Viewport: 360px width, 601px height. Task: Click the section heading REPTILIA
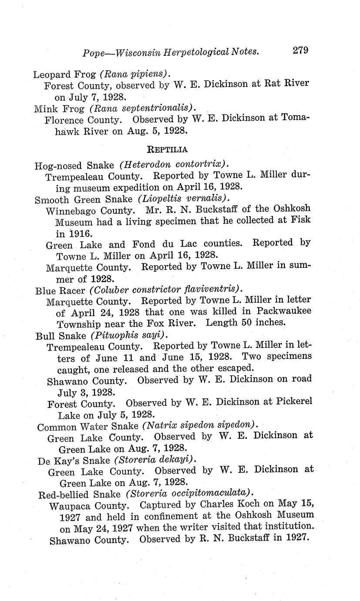pos(168,149)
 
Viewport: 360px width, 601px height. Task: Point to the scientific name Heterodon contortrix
pos(175,165)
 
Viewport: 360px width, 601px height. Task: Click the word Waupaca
pos(70,506)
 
